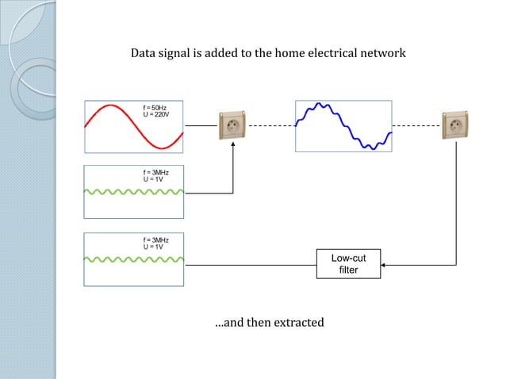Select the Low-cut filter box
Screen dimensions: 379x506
click(348, 263)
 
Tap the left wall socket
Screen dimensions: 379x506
click(232, 125)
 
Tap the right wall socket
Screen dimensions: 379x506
click(455, 125)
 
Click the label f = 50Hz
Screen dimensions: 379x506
click(155, 107)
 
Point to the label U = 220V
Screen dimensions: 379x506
click(157, 115)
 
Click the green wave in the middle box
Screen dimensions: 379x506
click(133, 191)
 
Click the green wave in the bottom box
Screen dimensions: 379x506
click(133, 258)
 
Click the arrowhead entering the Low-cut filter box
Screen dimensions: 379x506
click(384, 263)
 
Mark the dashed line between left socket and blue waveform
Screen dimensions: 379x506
click(270, 125)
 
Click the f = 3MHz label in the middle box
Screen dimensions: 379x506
click(155, 173)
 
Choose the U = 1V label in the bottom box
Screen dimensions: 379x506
click(153, 247)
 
